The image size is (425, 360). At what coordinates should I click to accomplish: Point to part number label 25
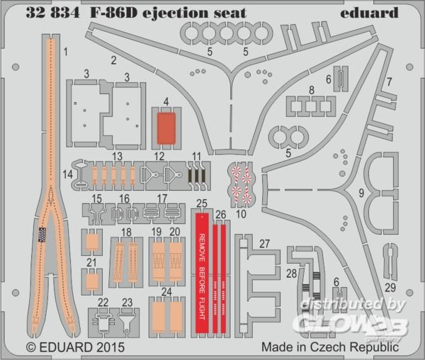point(202,203)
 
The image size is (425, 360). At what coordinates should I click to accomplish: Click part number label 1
point(65,51)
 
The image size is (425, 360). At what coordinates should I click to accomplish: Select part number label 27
point(264,243)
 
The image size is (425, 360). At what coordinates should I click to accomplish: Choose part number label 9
point(362,192)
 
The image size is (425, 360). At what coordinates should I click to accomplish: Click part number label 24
point(166,291)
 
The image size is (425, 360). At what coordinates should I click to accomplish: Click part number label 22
point(103,303)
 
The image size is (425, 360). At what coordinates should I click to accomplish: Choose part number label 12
point(159,156)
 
